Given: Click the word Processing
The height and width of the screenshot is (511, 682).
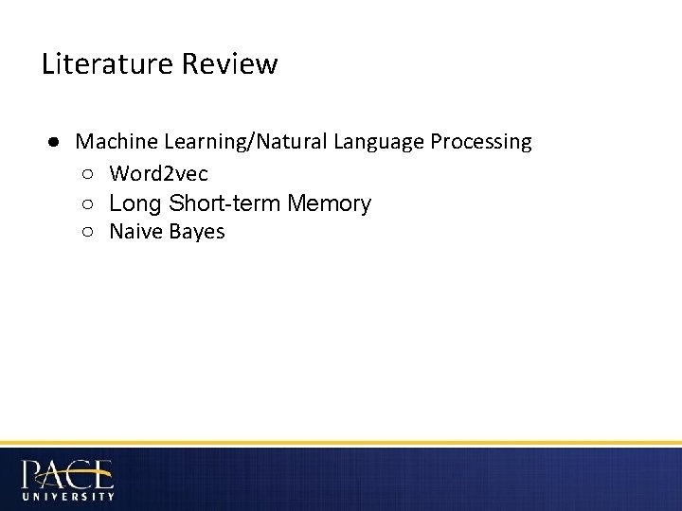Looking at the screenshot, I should click(481, 143).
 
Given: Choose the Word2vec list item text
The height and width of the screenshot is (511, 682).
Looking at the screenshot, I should click(158, 173).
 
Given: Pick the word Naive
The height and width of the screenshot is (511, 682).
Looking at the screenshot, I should click(135, 232).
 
